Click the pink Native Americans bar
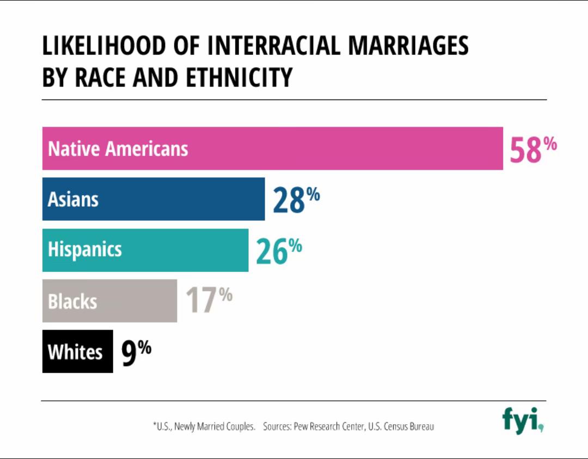[x=272, y=148]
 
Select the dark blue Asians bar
[x=154, y=199]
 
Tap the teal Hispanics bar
[x=145, y=250]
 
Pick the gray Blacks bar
[x=109, y=301]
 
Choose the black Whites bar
[x=77, y=351]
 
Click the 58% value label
[x=533, y=150]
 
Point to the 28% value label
[x=296, y=200]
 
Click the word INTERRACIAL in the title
[x=274, y=46]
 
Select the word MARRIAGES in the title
[x=408, y=46]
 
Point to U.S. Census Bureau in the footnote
[x=401, y=427]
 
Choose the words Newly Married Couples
[x=215, y=427]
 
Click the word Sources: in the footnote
[x=277, y=427]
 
